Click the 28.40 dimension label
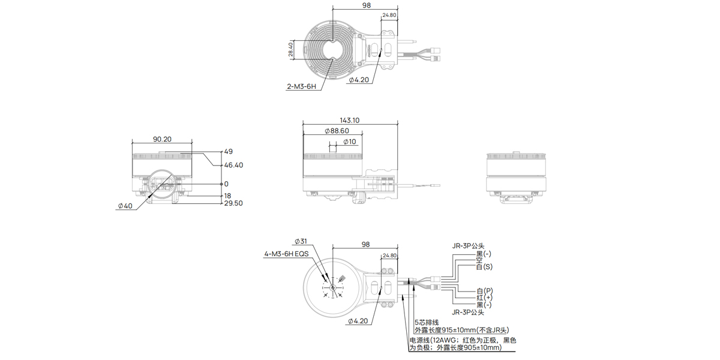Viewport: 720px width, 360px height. click(x=291, y=50)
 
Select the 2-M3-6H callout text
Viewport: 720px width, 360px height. click(x=301, y=86)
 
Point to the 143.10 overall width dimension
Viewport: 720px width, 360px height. click(x=350, y=120)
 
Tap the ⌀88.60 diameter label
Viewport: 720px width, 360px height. click(x=336, y=131)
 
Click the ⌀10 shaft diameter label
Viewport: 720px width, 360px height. click(x=349, y=142)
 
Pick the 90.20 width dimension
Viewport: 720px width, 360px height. click(x=162, y=139)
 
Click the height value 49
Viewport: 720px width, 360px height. click(x=228, y=152)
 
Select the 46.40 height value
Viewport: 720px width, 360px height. click(x=233, y=165)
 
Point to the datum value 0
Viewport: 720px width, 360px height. click(x=226, y=184)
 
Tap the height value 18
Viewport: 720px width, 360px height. click(x=227, y=196)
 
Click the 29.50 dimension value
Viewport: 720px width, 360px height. click(x=233, y=204)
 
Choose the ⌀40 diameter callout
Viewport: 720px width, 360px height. click(x=125, y=206)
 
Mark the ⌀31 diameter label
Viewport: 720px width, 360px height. click(x=301, y=242)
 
